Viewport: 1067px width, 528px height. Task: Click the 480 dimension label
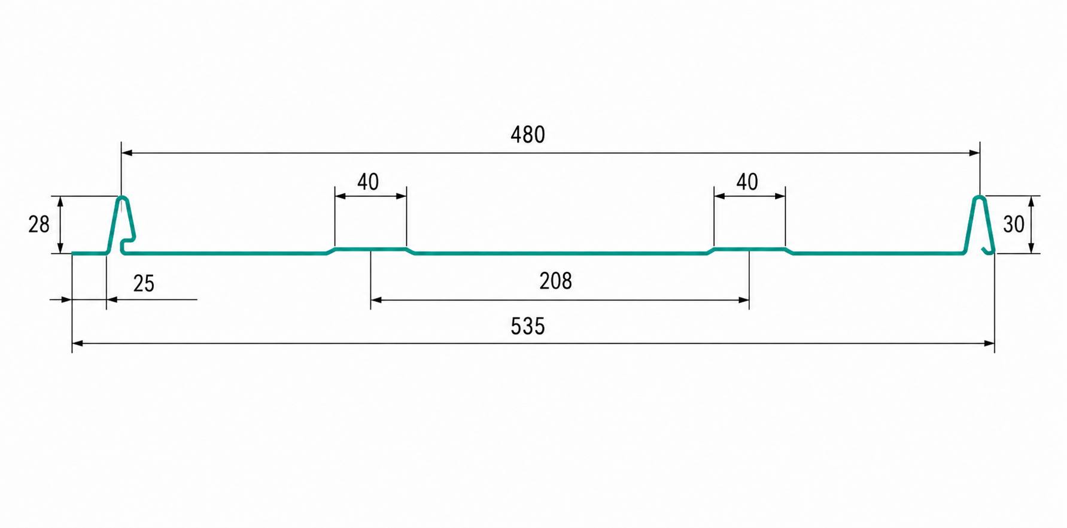tap(528, 135)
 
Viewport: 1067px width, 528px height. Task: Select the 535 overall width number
tap(528, 326)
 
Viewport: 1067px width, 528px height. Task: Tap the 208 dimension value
tap(555, 281)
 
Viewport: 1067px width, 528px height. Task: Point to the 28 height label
tap(39, 224)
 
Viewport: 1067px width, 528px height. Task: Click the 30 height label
tap(1014, 224)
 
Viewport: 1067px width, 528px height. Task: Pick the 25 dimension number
tap(144, 284)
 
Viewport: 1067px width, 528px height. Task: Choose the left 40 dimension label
tap(368, 182)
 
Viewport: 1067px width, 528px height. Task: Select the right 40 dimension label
tap(747, 182)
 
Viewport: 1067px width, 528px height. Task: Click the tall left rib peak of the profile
tap(121, 198)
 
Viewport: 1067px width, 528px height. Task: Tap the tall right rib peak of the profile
tap(979, 198)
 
